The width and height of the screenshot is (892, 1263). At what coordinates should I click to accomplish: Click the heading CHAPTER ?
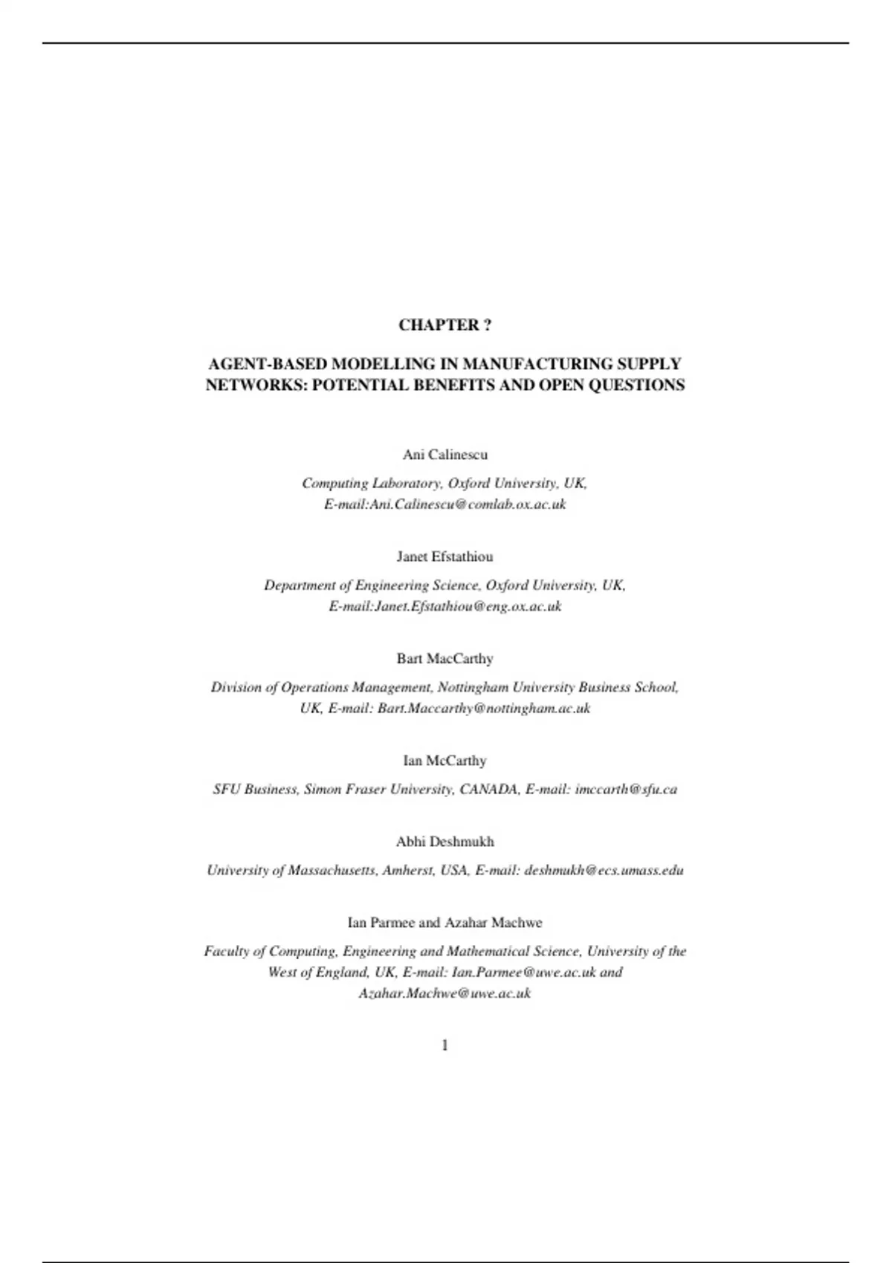[445, 325]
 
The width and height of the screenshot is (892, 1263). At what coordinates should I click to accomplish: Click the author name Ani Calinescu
[445, 454]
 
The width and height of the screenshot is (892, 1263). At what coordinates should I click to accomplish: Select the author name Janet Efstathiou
[445, 556]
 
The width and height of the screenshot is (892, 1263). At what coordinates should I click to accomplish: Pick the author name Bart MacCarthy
[445, 658]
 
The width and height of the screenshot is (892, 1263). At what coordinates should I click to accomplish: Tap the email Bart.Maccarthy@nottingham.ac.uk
[484, 708]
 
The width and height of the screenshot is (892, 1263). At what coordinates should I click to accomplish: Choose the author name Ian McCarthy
[445, 760]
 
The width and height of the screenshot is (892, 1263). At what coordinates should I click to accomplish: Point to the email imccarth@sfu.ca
[626, 789]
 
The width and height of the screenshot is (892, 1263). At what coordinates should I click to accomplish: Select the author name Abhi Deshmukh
[445, 841]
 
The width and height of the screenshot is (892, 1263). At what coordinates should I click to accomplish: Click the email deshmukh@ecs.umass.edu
[604, 870]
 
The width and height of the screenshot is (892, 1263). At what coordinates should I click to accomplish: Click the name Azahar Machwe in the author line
[494, 922]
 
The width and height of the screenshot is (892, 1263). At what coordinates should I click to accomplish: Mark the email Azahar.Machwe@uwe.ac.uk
[445, 993]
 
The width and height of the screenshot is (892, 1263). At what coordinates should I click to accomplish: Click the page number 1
[445, 1045]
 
